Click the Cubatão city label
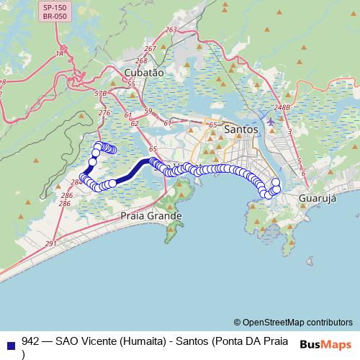pos(144,73)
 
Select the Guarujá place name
pos(317,198)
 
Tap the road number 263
pos(171,30)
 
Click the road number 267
pos(150,49)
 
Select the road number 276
pos(104,112)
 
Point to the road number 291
pos(50,245)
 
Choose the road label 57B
pos(100,94)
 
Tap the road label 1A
pos(60,53)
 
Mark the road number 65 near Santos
pos(213,125)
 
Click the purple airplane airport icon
pos(270,122)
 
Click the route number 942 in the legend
pos(31,341)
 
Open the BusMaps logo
pos(325,344)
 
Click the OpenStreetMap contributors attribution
pos(293,322)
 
